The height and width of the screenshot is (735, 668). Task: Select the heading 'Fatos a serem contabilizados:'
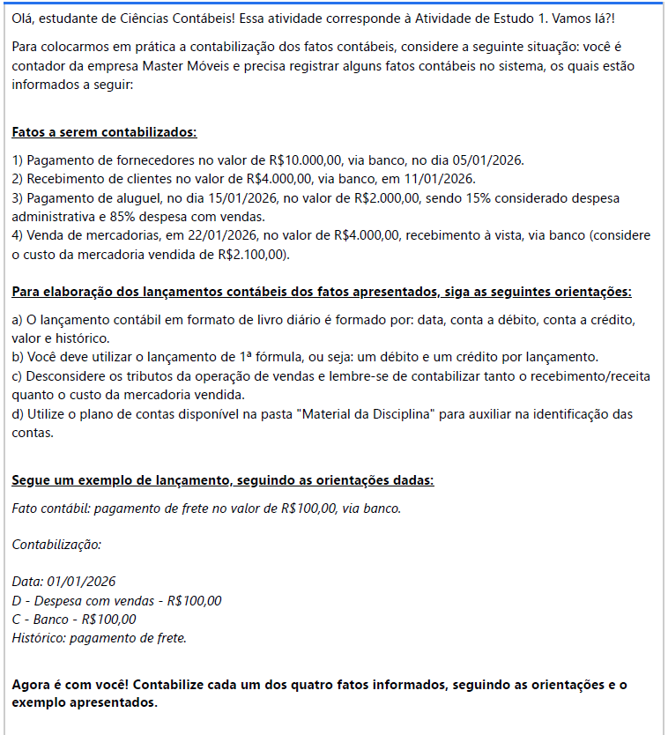pos(104,133)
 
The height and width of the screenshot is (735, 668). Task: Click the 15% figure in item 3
pos(465,198)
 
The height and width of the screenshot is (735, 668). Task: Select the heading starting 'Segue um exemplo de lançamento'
pos(222,480)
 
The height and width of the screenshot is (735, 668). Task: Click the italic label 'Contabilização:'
pos(56,545)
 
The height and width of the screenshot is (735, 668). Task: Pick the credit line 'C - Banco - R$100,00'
pos(74,620)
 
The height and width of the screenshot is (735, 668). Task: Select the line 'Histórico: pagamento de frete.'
pos(99,638)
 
